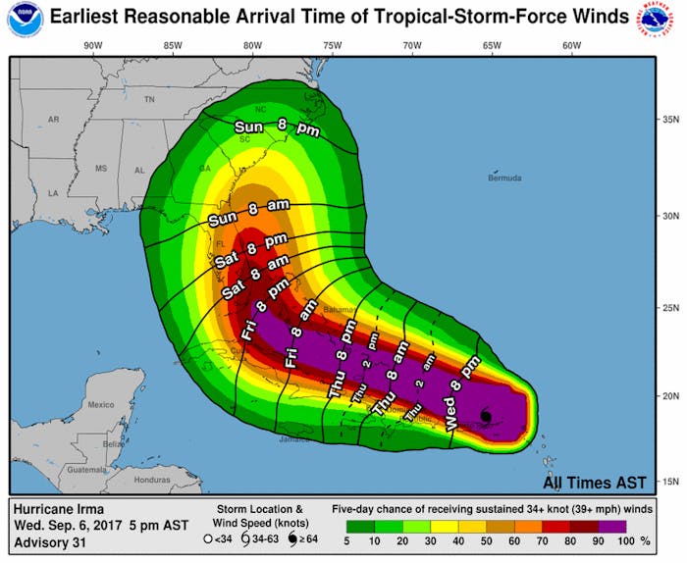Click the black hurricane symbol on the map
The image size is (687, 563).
(486, 417)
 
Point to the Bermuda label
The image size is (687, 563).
(505, 179)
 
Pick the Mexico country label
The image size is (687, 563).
(100, 404)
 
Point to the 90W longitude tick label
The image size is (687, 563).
(93, 45)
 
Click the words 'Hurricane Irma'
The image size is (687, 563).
(58, 507)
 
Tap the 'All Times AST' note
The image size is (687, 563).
(595, 482)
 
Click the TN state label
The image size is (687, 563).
(149, 100)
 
